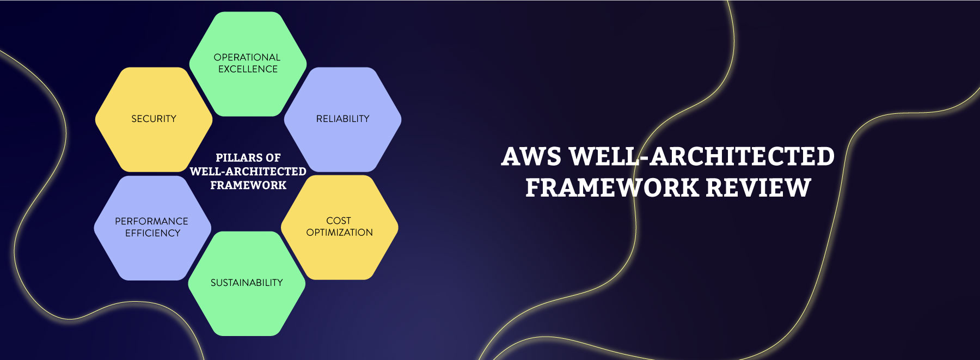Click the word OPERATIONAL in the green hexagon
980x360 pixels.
[247, 57]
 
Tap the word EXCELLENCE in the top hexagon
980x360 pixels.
[248, 69]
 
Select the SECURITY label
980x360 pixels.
[154, 119]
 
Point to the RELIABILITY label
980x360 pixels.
[343, 119]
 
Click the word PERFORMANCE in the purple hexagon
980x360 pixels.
[151, 221]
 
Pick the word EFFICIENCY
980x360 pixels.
[152, 233]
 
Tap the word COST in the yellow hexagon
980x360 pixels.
[339, 221]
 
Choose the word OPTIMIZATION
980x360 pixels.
[340, 233]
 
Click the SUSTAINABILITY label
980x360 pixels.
[247, 283]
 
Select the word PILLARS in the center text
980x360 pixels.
[235, 158]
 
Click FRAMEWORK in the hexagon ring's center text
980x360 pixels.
[248, 185]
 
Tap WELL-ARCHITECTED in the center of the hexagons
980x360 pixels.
[248, 172]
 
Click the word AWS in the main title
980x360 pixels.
[531, 157]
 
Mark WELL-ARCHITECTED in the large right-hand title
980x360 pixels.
[702, 157]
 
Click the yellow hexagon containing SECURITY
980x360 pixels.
[154, 119]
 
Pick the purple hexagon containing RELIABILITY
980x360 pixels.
[343, 119]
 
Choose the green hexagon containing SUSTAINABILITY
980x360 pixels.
[247, 283]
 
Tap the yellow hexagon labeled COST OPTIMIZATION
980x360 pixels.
[340, 227]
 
